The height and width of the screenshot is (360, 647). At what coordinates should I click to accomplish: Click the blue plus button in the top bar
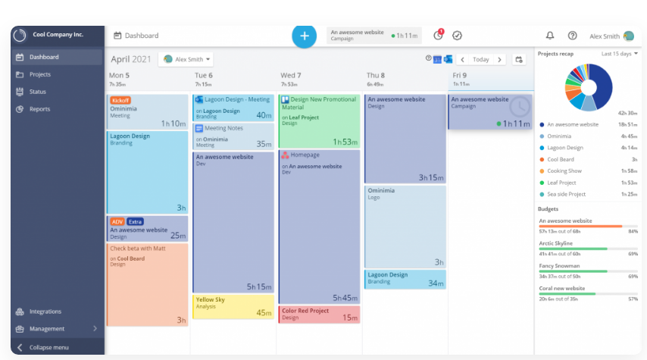(x=304, y=36)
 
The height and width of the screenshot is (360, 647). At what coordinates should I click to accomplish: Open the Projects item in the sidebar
(x=40, y=74)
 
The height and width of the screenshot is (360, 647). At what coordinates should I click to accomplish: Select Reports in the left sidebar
(x=39, y=109)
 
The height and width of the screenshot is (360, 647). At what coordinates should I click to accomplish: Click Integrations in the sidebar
(x=45, y=311)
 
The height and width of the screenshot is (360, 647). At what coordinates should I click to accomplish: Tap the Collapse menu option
(x=48, y=347)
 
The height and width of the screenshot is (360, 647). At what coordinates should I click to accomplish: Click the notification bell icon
(x=550, y=36)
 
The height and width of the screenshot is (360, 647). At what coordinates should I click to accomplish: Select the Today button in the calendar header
(x=480, y=59)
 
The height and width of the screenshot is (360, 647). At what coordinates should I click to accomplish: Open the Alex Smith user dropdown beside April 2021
(x=185, y=59)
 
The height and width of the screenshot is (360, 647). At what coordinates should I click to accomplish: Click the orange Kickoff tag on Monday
(x=119, y=100)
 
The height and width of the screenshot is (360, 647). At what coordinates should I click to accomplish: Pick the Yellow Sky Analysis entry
(x=233, y=306)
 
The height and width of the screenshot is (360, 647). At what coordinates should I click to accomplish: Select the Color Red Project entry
(x=319, y=314)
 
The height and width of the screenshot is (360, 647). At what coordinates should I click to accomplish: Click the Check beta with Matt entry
(x=147, y=284)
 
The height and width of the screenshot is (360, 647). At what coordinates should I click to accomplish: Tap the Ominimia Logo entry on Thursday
(x=405, y=226)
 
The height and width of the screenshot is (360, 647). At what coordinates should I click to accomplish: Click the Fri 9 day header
(x=461, y=76)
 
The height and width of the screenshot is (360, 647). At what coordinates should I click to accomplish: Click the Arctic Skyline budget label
(x=555, y=243)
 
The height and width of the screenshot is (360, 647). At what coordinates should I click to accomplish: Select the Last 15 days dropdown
(x=619, y=54)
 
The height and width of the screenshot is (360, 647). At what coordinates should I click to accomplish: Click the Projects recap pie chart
(x=588, y=87)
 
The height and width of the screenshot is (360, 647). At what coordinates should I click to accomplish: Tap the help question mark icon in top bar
(x=572, y=36)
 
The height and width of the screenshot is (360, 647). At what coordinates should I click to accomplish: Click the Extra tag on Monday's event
(x=135, y=222)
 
